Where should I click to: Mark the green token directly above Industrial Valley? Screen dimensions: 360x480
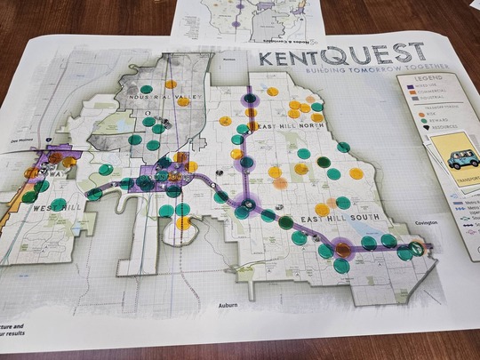(x=170, y=84)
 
